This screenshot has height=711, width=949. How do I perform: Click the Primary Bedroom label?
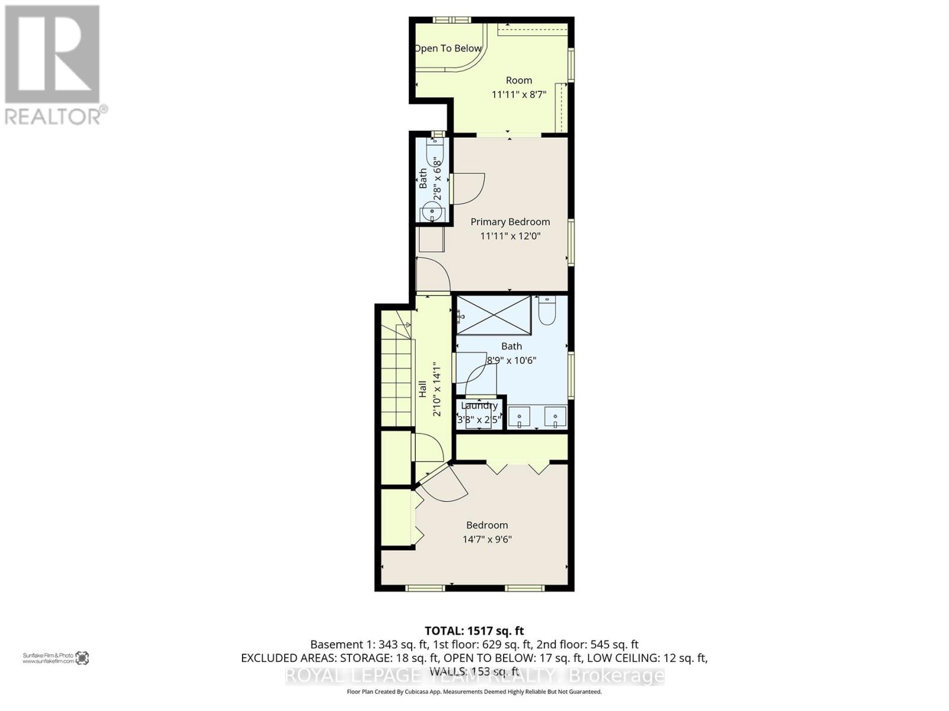pyautogui.click(x=510, y=222)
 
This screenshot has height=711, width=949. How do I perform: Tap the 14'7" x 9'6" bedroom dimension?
pyautogui.click(x=487, y=539)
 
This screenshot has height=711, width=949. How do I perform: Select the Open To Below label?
pyautogui.click(x=448, y=49)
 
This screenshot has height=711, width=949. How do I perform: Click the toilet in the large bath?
pyautogui.click(x=546, y=310)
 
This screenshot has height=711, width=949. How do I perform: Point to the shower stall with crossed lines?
pyautogui.click(x=493, y=316)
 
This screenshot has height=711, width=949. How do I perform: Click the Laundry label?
pyautogui.click(x=479, y=406)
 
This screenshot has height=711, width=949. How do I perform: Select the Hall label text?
pyautogui.click(x=423, y=389)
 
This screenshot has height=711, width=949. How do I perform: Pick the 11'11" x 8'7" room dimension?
pyautogui.click(x=519, y=94)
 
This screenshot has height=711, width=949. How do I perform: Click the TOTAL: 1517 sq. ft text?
pyautogui.click(x=474, y=631)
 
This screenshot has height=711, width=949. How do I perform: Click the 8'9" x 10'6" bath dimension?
pyautogui.click(x=511, y=360)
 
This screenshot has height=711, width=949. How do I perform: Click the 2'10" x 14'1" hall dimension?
pyautogui.click(x=438, y=389)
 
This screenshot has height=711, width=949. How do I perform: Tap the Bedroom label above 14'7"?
pyautogui.click(x=487, y=525)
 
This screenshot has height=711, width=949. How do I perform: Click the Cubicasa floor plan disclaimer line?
pyautogui.click(x=474, y=691)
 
